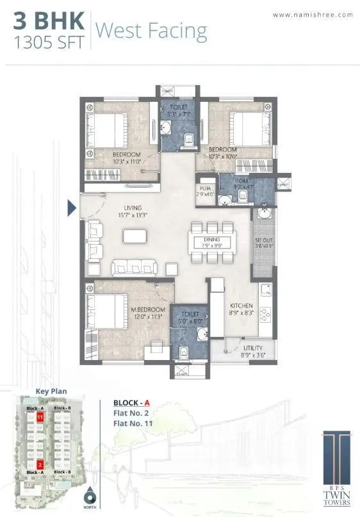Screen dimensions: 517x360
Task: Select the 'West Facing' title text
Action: pyautogui.click(x=151, y=30)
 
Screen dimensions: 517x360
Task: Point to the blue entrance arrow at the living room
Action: pyautogui.click(x=72, y=207)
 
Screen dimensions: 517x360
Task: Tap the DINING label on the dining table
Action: pyautogui.click(x=213, y=239)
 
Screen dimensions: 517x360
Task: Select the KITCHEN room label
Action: pyautogui.click(x=241, y=306)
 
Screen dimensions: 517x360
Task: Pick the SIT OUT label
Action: pyautogui.click(x=264, y=239)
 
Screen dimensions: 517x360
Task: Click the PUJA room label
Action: pyautogui.click(x=205, y=188)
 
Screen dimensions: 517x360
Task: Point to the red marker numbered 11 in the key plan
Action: pyautogui.click(x=40, y=417)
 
